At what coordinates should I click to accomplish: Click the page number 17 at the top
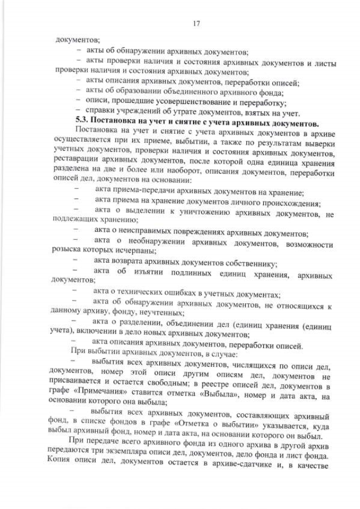click(196, 24)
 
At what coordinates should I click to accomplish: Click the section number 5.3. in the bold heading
click(83, 122)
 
